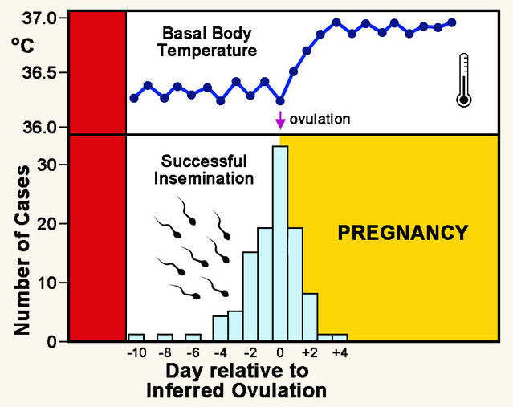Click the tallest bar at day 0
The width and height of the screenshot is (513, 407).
280,244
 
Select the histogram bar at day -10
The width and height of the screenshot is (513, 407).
136,337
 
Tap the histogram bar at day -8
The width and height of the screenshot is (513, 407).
165,337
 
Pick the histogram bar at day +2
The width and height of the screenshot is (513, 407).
310,317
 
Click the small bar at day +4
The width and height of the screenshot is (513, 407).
340,337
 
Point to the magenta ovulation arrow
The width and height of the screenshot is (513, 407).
280,120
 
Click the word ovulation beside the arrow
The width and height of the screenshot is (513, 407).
320,120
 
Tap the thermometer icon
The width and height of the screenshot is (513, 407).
463,80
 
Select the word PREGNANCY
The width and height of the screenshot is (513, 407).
402,234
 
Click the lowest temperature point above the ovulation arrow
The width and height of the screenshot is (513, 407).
280,101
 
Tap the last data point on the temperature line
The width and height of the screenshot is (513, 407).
452,22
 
